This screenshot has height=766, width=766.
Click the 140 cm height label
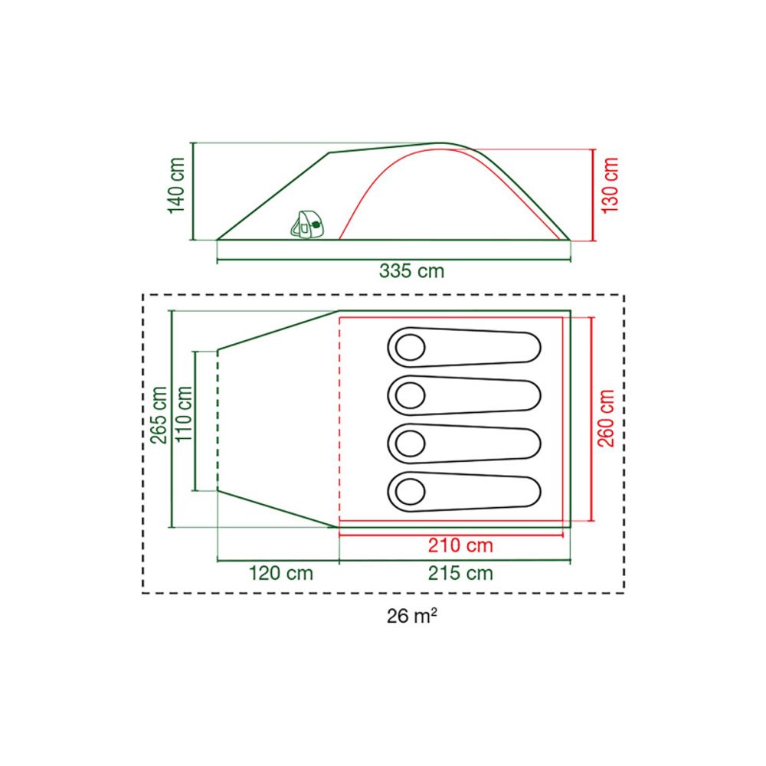click(x=176, y=185)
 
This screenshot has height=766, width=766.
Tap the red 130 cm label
click(x=611, y=185)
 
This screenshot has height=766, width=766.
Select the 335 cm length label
click(x=411, y=270)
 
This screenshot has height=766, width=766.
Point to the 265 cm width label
click(x=159, y=414)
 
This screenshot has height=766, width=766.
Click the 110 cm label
click(x=184, y=414)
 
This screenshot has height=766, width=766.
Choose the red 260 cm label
click(x=606, y=418)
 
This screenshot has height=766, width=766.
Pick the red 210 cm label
click(x=460, y=545)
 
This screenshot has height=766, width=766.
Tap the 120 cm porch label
click(x=281, y=573)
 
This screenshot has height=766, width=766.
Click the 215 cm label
click(x=460, y=573)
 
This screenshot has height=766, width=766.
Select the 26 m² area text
click(x=411, y=616)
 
